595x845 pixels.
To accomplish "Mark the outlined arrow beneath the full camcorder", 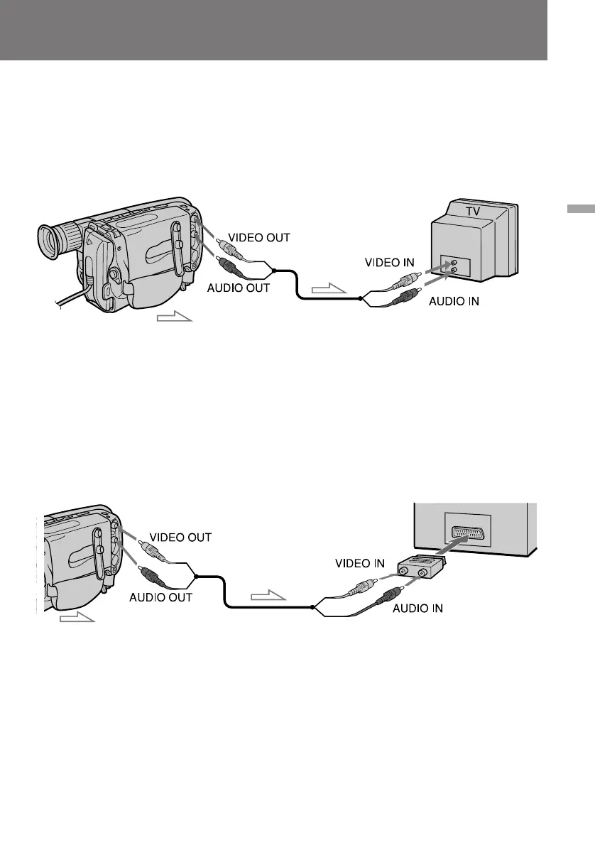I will tap(175, 316).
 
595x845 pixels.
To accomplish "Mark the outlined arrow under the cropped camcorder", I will tap(77, 618).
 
